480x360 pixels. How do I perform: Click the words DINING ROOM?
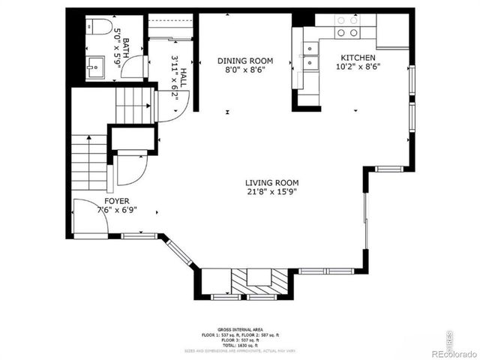tap(245, 61)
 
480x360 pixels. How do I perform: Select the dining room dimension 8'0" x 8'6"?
tap(245, 70)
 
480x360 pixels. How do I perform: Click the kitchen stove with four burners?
tap(346, 28)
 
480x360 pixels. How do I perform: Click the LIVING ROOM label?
tap(271, 182)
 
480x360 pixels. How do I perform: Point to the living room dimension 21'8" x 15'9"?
tap(271, 192)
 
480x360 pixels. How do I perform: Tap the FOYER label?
tap(116, 201)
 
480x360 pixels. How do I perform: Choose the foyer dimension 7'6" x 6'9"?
tap(116, 211)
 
